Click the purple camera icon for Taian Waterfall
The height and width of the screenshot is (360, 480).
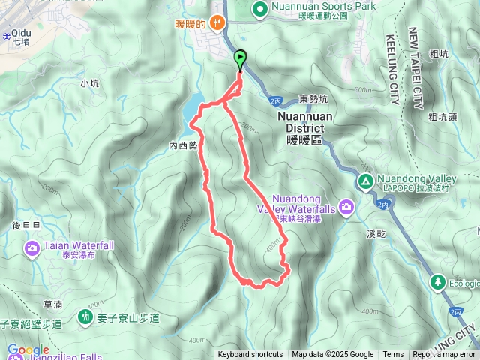[x=32, y=247]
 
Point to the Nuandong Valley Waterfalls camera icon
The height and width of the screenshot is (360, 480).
[x=346, y=205]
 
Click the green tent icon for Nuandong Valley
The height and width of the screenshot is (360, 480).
[x=365, y=181]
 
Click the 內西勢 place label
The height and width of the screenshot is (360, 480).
[x=183, y=146]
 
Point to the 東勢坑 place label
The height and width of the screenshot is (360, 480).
[x=313, y=99]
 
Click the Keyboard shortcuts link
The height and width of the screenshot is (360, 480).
[x=250, y=355]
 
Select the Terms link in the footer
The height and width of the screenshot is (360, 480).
[x=393, y=355]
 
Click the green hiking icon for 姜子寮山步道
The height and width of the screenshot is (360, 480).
[x=85, y=317]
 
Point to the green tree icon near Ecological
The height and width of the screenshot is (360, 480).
[x=438, y=282]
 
